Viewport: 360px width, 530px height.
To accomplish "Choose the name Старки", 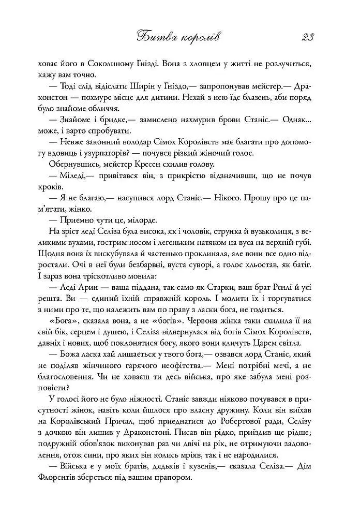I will [208, 288].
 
